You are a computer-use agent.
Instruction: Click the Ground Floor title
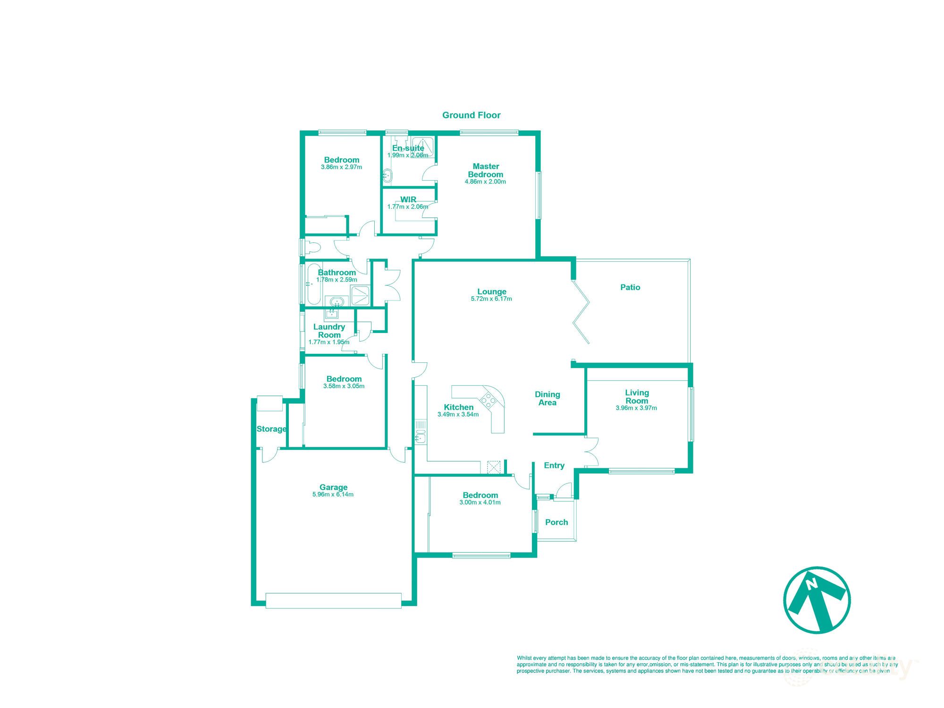[x=471, y=115]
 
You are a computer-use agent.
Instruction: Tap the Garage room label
[x=333, y=487]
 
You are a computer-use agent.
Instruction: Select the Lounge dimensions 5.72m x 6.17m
[x=491, y=299]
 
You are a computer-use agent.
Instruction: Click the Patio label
[x=630, y=287]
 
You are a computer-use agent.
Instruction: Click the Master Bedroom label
[x=486, y=170]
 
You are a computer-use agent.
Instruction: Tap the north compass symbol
[x=817, y=600]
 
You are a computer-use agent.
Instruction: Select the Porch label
[x=556, y=522]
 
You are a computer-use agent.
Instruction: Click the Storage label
[x=271, y=429]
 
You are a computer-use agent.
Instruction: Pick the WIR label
[x=408, y=200]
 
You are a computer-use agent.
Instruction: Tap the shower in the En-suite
[x=422, y=146]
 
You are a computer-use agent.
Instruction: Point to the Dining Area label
[x=548, y=398]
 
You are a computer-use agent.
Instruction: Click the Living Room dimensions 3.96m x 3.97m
[x=636, y=408]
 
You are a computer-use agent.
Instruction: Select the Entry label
[x=554, y=466]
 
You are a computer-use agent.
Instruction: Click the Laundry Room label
[x=329, y=331]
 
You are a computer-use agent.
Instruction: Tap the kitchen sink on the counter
[x=421, y=438]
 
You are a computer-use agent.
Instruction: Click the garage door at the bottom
[x=333, y=600]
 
